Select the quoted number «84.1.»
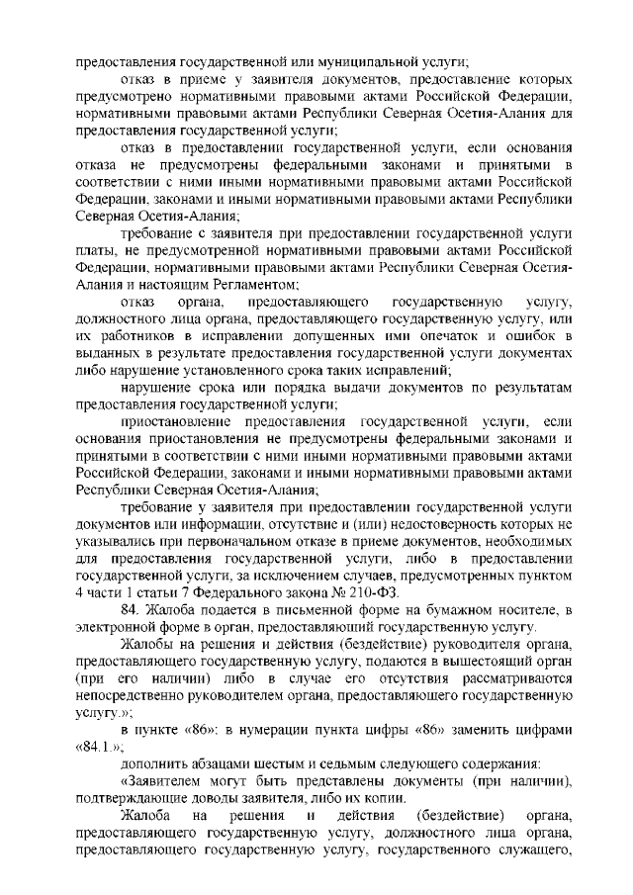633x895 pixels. click(97, 745)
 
